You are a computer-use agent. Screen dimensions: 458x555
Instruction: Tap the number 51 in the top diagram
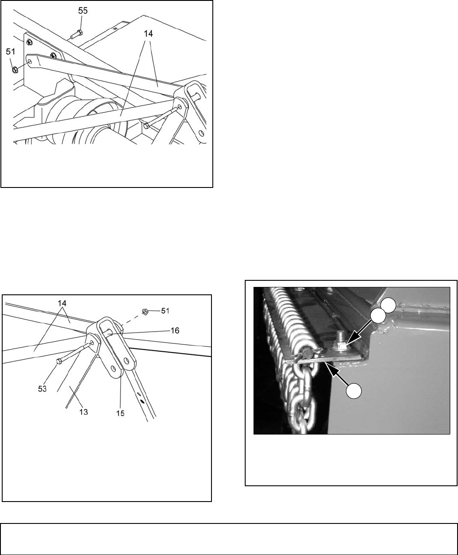pos(11,52)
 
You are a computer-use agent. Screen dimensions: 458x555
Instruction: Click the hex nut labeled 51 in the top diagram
pos(14,70)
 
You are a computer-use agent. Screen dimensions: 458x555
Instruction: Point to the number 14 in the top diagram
pos(148,34)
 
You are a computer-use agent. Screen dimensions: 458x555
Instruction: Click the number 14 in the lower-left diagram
pos(62,303)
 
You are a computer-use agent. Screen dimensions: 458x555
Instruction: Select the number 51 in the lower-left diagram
pos(165,311)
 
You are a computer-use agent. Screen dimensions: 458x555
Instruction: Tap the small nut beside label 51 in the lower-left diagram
pos(145,311)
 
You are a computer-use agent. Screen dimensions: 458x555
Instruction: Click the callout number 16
pos(175,330)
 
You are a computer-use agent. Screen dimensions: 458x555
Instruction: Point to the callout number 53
pos(42,389)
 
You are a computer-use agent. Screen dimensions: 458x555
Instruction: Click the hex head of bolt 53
pos(59,361)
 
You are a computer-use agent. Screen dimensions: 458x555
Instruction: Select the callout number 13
pos(84,412)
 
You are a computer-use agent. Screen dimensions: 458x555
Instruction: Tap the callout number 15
pos(120,414)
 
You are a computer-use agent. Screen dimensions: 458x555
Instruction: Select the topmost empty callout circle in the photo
pos(388,306)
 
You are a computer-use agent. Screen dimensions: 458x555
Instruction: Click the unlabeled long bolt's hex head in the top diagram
pos(146,125)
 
